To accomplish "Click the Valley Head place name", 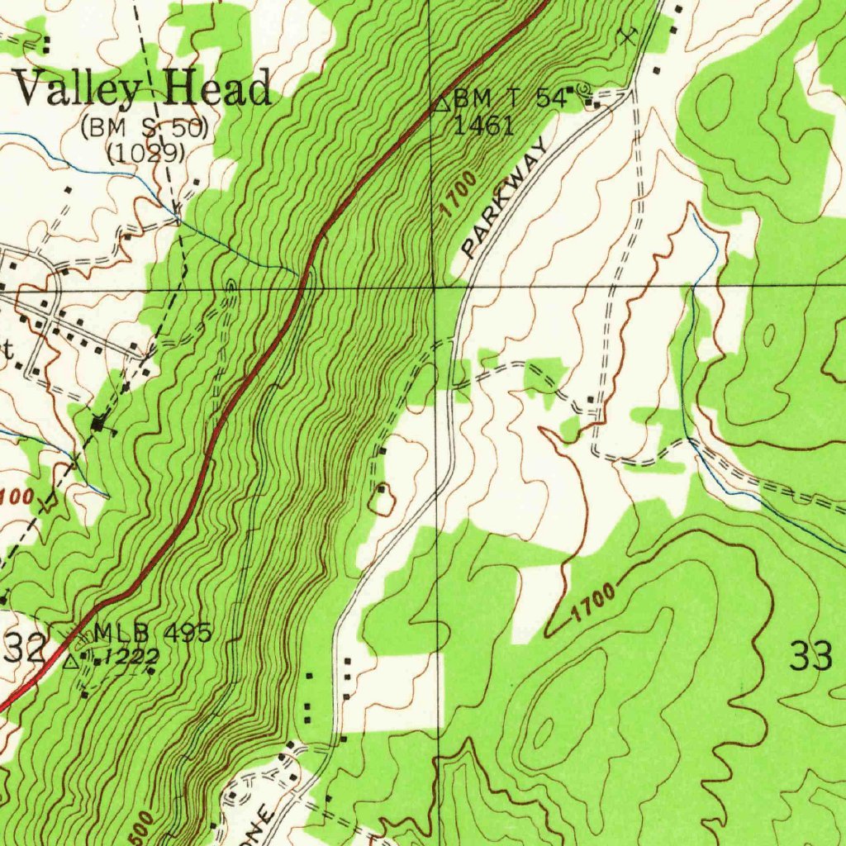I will [143, 88].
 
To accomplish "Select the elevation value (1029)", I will [145, 152].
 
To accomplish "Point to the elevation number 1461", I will [483, 125].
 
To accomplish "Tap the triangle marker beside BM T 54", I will [442, 102].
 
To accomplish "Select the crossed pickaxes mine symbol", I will [629, 35].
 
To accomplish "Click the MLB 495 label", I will [153, 633].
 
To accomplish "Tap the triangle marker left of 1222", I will [73, 660].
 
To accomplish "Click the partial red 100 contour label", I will [17, 497].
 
